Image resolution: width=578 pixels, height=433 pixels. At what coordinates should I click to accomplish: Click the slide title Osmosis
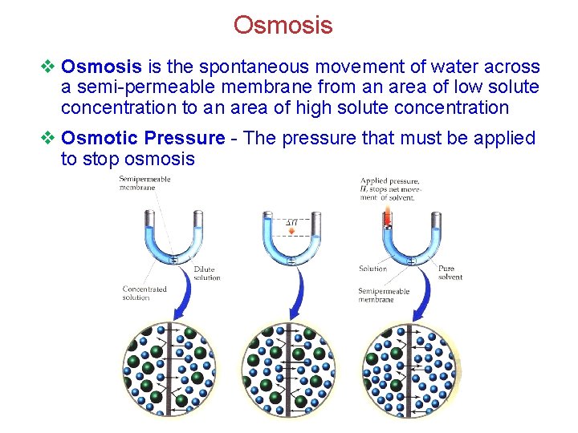click(x=283, y=26)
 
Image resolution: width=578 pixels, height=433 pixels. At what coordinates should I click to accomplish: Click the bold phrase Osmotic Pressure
click(x=143, y=138)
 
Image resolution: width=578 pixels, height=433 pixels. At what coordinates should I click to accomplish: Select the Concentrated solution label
click(x=144, y=293)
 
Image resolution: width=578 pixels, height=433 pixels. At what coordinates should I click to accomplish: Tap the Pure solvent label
click(x=450, y=273)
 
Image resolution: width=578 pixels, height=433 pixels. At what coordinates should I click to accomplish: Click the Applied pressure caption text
click(x=389, y=188)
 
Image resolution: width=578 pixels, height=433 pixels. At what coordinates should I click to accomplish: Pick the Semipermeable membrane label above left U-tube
click(x=144, y=182)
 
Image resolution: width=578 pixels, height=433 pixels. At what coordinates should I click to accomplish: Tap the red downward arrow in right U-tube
click(x=387, y=216)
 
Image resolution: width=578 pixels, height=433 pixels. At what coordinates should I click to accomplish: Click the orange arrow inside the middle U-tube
click(x=291, y=231)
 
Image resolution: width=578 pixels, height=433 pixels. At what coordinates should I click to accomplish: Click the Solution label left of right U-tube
click(x=372, y=269)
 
